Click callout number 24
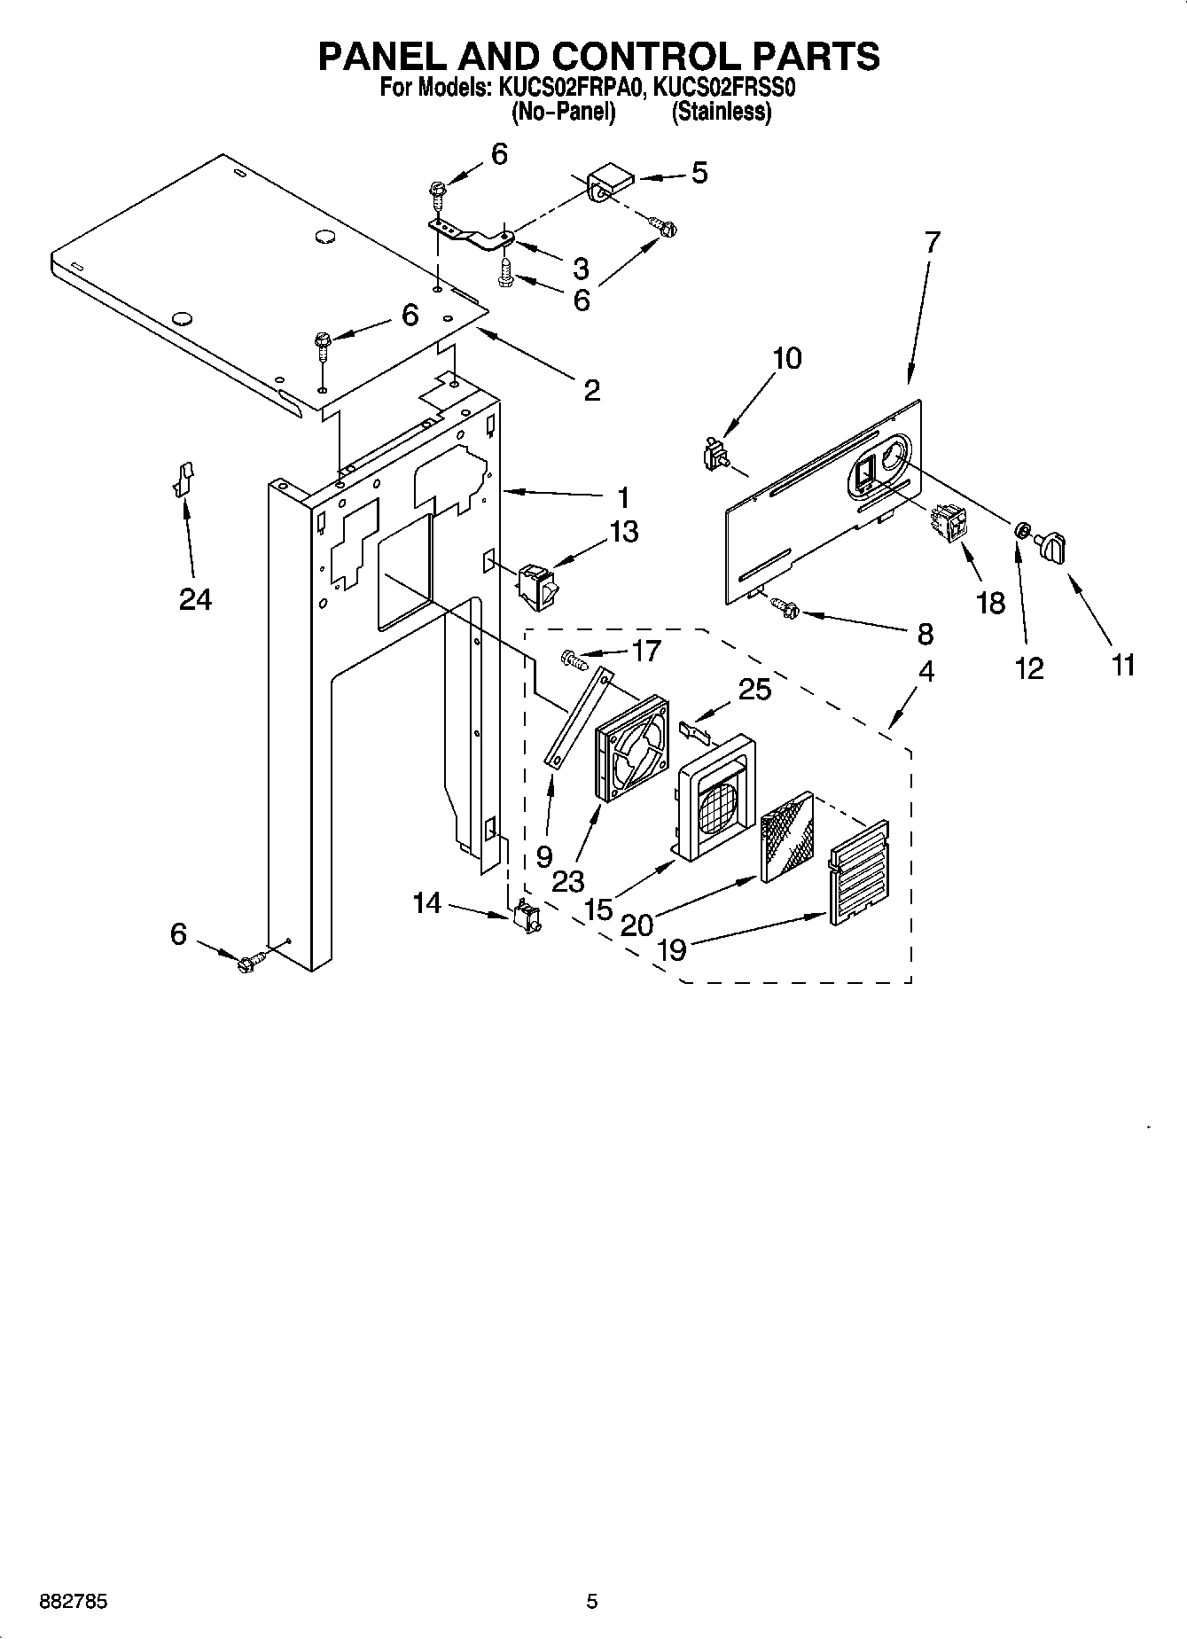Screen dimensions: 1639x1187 [195, 600]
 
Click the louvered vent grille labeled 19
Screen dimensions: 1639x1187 [857, 873]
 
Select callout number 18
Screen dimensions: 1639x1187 [990, 603]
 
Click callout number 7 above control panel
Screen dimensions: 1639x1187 [931, 242]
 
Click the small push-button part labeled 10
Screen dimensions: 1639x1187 [714, 456]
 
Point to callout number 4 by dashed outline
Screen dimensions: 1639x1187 [925, 671]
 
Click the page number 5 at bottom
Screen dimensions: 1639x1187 [592, 1602]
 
